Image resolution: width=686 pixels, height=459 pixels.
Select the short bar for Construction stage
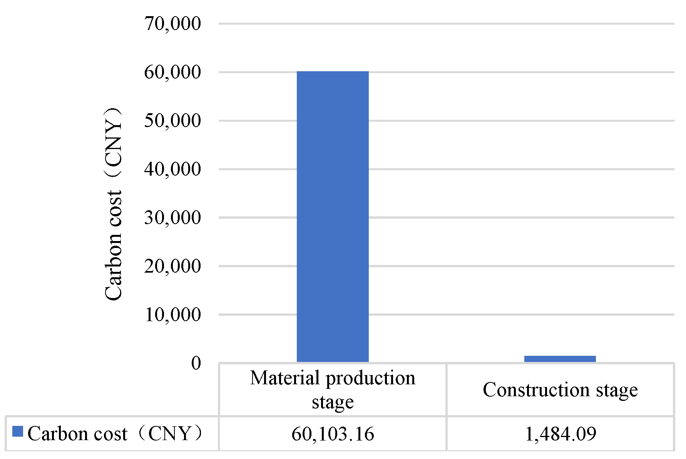click(560, 359)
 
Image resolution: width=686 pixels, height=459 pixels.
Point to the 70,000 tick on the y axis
click(172, 24)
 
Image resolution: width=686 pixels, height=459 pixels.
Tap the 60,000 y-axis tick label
click(172, 72)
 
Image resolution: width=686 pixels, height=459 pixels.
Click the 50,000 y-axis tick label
click(172, 121)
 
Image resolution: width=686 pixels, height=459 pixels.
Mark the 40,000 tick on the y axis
click(172, 169)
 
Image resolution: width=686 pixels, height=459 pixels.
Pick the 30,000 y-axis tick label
click(172, 218)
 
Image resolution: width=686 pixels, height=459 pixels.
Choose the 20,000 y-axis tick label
click(172, 266)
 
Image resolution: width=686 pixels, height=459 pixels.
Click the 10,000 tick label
click(172, 315)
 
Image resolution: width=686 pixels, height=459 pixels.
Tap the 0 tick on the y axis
click(196, 363)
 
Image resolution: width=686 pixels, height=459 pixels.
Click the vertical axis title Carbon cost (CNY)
click(114, 204)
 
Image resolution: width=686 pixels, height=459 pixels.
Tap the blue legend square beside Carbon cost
click(18, 432)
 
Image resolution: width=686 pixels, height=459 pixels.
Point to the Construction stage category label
click(560, 390)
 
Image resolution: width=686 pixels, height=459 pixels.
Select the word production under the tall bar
click(371, 378)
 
